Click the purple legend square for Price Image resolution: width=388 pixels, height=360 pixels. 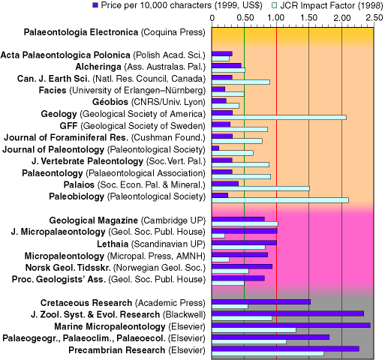[95, 5]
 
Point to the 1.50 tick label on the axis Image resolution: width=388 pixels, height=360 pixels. [308, 18]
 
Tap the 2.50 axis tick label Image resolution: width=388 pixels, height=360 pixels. [374, 18]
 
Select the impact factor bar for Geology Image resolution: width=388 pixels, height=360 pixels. [279, 118]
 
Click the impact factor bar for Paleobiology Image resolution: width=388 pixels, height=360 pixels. [280, 200]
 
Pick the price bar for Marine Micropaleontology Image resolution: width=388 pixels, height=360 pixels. [291, 325]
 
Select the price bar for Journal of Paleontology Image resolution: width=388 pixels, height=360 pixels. [215, 148]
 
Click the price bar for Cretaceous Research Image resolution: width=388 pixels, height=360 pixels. [261, 301]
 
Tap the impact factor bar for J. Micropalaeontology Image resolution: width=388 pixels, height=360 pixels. [218, 235]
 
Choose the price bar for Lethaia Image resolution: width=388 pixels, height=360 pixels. [244, 243]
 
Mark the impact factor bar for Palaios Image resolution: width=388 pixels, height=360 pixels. [260, 188]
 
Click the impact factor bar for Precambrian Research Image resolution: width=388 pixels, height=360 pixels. [268, 353]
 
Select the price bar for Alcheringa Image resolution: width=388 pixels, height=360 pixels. [227, 65]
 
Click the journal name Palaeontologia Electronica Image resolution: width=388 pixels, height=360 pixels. [81, 32]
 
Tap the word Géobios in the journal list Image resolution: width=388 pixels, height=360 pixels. [110, 102]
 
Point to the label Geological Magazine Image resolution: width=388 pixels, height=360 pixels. [93, 220]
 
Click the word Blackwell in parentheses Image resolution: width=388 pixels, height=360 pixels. [184, 314]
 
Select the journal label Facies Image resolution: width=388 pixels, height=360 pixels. [53, 90]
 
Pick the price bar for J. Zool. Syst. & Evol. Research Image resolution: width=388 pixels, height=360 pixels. [288, 313]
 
